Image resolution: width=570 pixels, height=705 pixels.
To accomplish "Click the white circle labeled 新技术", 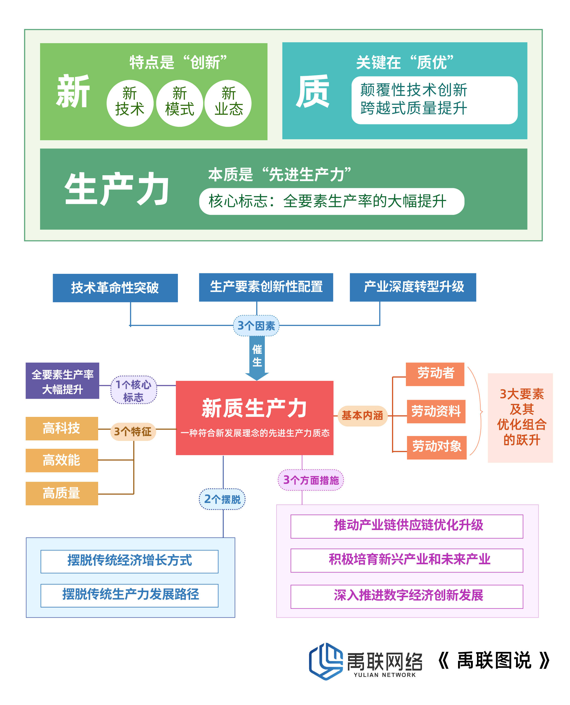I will [130, 103].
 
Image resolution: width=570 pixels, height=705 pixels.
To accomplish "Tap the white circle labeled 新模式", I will [180, 103].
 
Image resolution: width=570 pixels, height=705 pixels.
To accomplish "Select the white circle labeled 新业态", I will [228, 103].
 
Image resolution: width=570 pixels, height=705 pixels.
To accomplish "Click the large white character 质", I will [312, 91].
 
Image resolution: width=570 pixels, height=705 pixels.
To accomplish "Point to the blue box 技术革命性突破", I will [115, 288].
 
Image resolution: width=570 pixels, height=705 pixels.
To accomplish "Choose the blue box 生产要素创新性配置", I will [266, 287].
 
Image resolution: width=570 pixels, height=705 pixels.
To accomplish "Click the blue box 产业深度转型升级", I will [413, 287].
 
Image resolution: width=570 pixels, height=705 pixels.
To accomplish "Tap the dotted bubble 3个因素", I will [256, 325].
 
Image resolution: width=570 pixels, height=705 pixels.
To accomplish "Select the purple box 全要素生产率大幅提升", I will [62, 381].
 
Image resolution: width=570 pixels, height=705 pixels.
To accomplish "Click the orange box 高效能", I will [62, 460].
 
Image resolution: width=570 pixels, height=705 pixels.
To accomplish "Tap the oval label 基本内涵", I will [362, 416].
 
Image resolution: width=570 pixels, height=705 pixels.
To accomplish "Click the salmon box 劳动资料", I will [436, 412].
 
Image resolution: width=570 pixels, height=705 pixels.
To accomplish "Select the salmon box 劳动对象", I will [437, 447].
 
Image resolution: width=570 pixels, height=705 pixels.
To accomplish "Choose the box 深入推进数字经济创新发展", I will [407, 596].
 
